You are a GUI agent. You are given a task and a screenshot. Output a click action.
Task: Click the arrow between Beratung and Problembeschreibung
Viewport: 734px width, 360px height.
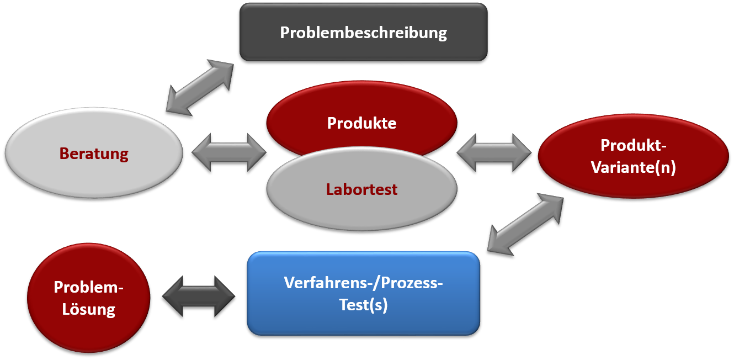click(x=200, y=88)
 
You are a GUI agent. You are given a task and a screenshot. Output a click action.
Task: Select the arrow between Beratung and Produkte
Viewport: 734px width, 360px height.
click(x=228, y=152)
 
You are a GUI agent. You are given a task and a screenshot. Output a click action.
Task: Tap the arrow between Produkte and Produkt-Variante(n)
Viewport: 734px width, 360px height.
click(x=494, y=152)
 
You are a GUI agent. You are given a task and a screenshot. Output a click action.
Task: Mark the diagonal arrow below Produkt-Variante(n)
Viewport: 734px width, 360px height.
click(x=525, y=224)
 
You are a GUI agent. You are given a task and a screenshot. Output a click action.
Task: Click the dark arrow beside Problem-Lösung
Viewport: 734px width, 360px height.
click(x=199, y=296)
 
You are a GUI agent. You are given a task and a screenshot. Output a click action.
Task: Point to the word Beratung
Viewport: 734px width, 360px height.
click(x=94, y=153)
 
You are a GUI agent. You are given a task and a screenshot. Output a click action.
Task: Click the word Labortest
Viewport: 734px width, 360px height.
click(x=362, y=189)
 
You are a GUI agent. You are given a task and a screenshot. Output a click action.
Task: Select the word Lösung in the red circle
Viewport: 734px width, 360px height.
click(x=88, y=309)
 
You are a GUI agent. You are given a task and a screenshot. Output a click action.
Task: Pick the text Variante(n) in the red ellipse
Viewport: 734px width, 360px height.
click(x=633, y=167)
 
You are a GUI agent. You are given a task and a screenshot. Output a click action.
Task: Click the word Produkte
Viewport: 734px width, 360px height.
click(x=361, y=123)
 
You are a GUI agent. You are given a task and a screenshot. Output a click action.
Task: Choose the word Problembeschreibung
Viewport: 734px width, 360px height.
click(x=363, y=33)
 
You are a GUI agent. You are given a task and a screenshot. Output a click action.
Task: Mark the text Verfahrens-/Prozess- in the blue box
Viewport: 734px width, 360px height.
click(x=363, y=283)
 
